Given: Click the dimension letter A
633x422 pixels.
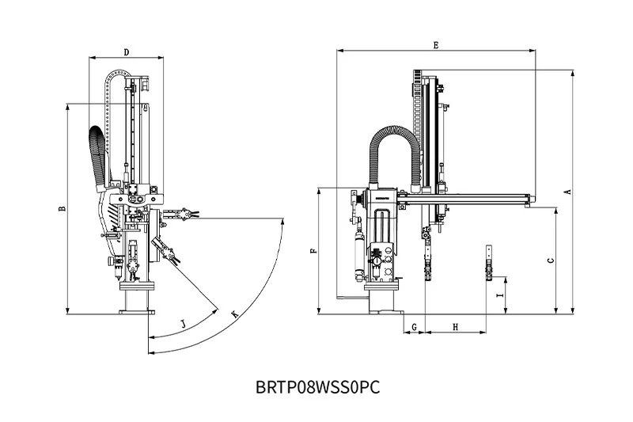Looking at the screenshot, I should click(567, 192).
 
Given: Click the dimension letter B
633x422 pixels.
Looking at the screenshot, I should click(62, 209).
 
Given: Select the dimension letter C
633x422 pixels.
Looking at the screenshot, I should click(551, 260).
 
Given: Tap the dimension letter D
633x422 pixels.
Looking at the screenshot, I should click(127, 52).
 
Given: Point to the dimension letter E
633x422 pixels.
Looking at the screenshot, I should click(436, 46).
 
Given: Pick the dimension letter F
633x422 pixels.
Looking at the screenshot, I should click(314, 251).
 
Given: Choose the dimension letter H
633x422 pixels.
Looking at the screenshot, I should click(456, 326).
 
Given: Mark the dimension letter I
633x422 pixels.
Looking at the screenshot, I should click(498, 295).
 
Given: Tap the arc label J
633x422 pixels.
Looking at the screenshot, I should click(183, 324).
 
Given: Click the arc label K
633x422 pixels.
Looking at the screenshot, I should click(234, 314).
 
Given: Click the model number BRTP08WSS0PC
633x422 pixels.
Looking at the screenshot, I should click(319, 387).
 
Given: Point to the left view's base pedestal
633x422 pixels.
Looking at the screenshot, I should click(135, 302).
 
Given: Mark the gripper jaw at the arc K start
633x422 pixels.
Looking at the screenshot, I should click(184, 214).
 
